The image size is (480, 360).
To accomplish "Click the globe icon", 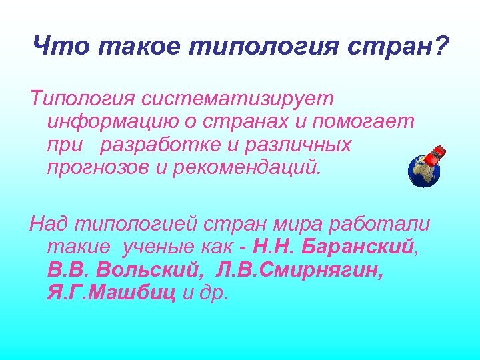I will click(423, 171).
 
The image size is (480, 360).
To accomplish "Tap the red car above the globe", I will click(435, 155).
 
